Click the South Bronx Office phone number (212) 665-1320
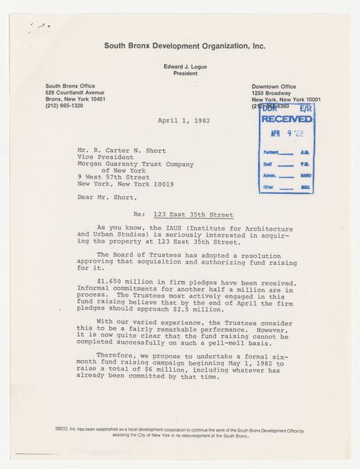[x=66, y=105]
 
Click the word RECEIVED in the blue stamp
[x=287, y=119]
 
